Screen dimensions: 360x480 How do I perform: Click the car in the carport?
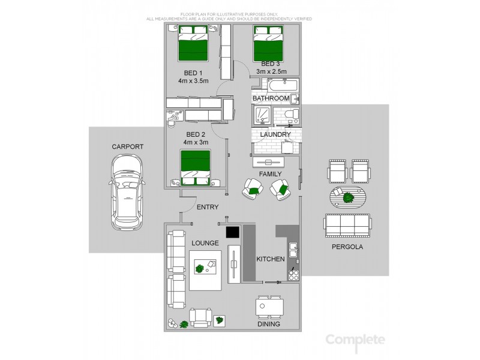[127, 193]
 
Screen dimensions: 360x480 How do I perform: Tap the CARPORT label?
[127, 146]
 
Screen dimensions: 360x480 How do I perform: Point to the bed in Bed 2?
[196, 168]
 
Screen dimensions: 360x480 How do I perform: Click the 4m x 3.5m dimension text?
[193, 81]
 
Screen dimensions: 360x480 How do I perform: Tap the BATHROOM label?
[271, 98]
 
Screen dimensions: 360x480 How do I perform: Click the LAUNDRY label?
[276, 135]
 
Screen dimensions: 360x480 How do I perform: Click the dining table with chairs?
[269, 308]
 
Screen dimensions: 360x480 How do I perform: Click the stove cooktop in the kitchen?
[293, 275]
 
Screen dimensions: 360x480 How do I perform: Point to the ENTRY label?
[208, 207]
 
